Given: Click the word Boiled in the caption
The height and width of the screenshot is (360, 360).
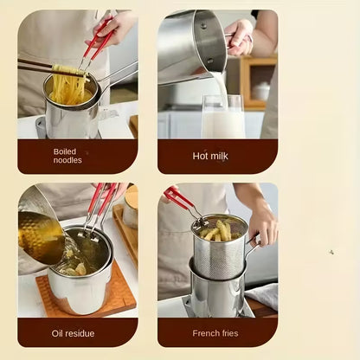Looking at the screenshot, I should click(65, 151).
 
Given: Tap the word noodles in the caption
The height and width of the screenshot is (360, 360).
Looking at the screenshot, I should click(67, 161).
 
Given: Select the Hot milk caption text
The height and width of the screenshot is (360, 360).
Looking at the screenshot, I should click(210, 157).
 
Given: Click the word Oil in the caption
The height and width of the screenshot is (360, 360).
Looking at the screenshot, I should click(59, 333).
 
